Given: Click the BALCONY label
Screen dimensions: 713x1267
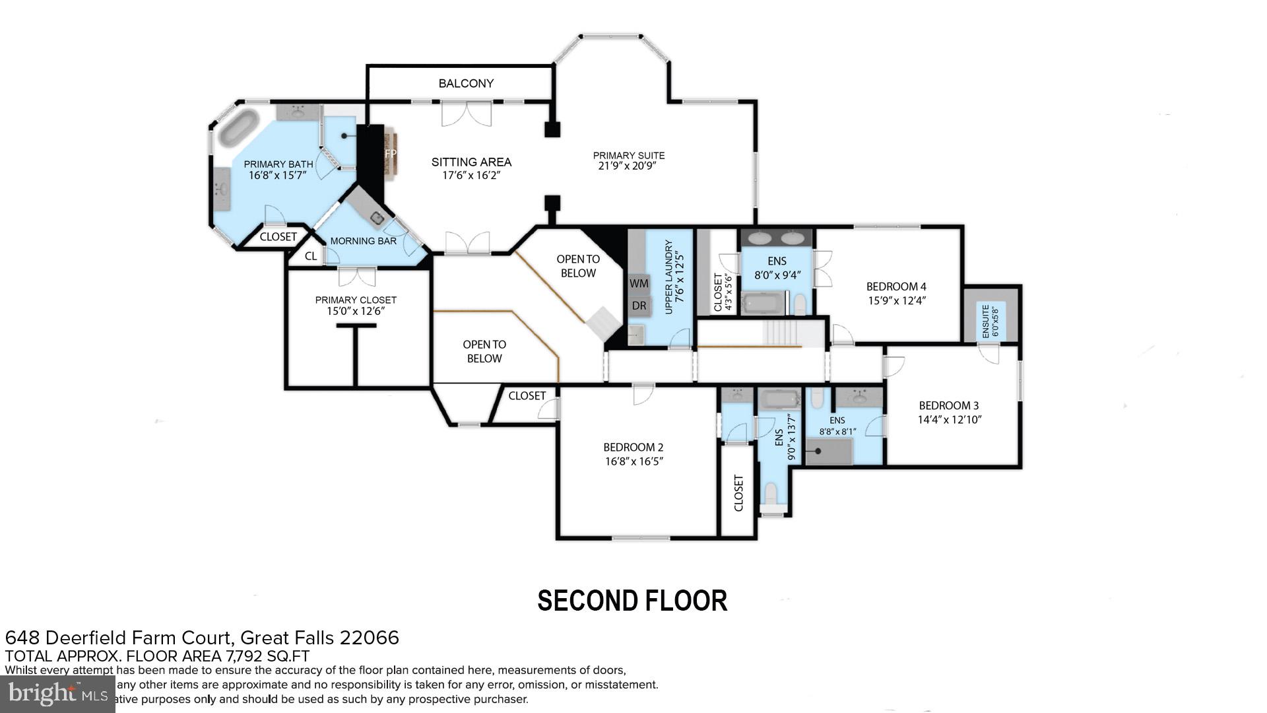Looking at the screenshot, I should (x=466, y=83).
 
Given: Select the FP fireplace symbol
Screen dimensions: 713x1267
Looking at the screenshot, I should (x=391, y=154).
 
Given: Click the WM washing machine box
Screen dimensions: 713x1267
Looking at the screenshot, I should (x=639, y=283).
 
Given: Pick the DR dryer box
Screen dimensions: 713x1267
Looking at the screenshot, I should (x=639, y=306).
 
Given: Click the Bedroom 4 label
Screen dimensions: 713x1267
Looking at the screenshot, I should (x=896, y=287).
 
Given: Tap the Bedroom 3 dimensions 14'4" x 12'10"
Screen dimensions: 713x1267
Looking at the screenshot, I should (x=950, y=419).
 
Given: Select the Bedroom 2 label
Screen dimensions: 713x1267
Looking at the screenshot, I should (x=633, y=447).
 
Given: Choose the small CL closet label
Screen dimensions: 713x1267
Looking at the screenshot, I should (x=311, y=256).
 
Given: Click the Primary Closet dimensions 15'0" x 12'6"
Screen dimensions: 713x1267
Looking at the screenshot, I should (x=356, y=311).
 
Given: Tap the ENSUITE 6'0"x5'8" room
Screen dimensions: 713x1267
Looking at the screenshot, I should (x=990, y=322).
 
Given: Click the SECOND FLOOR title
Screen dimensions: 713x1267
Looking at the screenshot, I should (x=632, y=601).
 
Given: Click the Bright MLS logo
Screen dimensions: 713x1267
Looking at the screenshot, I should (x=57, y=694).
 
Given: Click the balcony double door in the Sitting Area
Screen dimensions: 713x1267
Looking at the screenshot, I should (x=466, y=114).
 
